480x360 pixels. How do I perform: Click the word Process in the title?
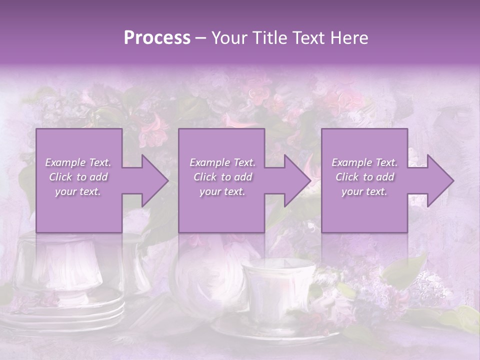pos(157,38)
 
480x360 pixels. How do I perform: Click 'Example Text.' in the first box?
pos(78,162)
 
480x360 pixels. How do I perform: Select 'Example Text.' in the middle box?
pos(222,162)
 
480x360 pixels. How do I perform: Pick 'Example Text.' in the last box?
pos(364,162)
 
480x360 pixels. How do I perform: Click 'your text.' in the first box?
pos(78,191)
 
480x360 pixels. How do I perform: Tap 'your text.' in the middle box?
pos(222,191)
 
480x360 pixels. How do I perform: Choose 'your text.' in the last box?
pos(364,191)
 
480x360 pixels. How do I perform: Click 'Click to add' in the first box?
pos(78,177)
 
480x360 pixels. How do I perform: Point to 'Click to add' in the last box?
pos(364,177)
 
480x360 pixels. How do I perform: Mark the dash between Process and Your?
pos(201,38)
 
